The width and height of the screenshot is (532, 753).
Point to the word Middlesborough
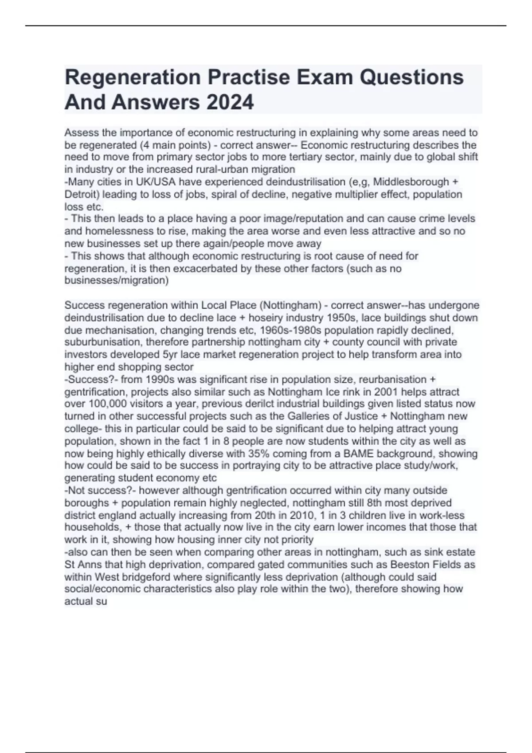tap(411, 182)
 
